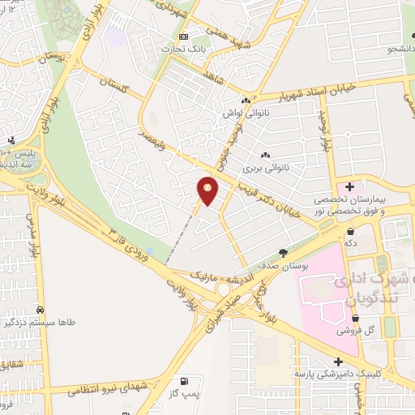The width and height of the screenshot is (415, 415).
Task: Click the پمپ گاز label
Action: point(186,393)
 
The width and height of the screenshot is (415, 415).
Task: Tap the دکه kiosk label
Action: point(350,242)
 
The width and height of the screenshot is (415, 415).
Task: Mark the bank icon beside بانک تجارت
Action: point(184,37)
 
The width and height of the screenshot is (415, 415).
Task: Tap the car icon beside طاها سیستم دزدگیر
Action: point(40,310)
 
